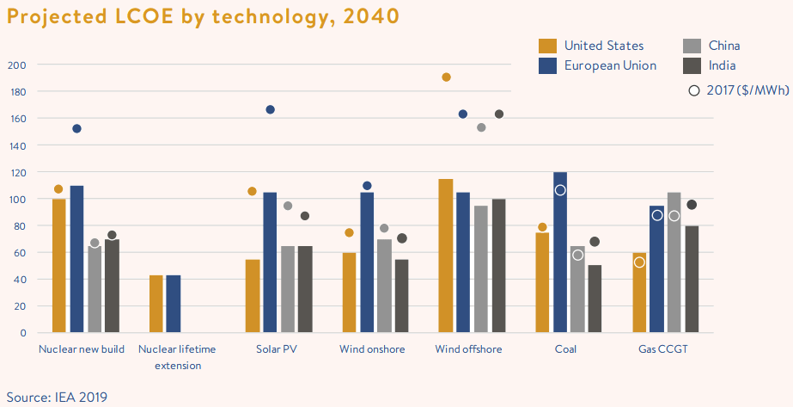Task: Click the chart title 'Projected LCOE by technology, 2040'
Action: pyautogui.click(x=202, y=15)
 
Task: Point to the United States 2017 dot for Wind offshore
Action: pyautogui.click(x=446, y=77)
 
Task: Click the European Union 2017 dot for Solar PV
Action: pyautogui.click(x=270, y=110)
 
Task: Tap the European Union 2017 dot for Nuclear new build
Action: pyautogui.click(x=76, y=129)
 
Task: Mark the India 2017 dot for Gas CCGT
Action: pyautogui.click(x=692, y=205)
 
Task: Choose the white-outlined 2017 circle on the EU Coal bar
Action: pyautogui.click(x=560, y=190)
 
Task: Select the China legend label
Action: pyautogui.click(x=724, y=46)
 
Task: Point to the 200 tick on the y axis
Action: pyautogui.click(x=17, y=65)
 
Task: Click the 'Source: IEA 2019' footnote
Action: pyautogui.click(x=58, y=397)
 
